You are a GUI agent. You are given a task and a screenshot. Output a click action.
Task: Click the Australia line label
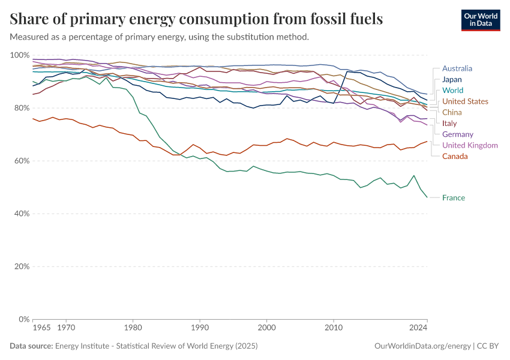457,68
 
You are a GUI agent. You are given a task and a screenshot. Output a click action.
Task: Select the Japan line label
452,79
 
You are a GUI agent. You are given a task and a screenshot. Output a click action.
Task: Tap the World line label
452,91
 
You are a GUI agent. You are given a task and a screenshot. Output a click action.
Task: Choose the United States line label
465,101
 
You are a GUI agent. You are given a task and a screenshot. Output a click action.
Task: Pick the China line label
452,112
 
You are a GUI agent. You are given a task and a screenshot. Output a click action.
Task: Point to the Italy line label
449,124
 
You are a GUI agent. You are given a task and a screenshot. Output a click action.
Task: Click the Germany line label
457,134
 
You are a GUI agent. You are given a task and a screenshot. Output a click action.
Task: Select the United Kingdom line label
470,145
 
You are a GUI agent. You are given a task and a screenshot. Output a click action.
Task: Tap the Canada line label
455,157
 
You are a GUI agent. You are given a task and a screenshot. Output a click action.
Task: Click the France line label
453,197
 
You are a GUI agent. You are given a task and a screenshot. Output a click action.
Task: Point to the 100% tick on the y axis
20,55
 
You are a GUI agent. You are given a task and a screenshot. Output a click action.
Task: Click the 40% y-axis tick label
22,214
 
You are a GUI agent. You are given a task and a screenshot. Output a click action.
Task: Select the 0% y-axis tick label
23,319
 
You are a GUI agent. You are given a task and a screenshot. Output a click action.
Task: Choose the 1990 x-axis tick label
200,328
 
